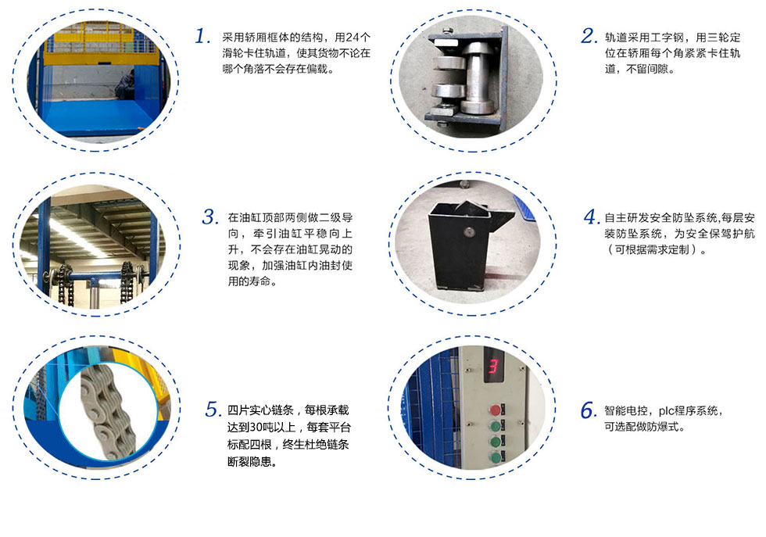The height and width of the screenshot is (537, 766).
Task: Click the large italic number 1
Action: pyautogui.click(x=202, y=36)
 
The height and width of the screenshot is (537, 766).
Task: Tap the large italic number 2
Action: pyautogui.click(x=589, y=36)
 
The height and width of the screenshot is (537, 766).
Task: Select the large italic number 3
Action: pyautogui.click(x=210, y=217)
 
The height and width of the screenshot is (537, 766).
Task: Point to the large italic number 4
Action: pyautogui.click(x=592, y=217)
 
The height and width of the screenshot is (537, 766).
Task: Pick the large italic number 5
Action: pyautogui.click(x=213, y=409)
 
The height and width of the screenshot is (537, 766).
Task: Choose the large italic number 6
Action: pyautogui.click(x=589, y=410)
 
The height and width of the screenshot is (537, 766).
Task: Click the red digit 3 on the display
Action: pyautogui.click(x=493, y=366)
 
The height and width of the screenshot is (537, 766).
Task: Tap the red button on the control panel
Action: pyautogui.click(x=496, y=410)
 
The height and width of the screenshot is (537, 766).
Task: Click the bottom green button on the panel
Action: pyautogui.click(x=496, y=457)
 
